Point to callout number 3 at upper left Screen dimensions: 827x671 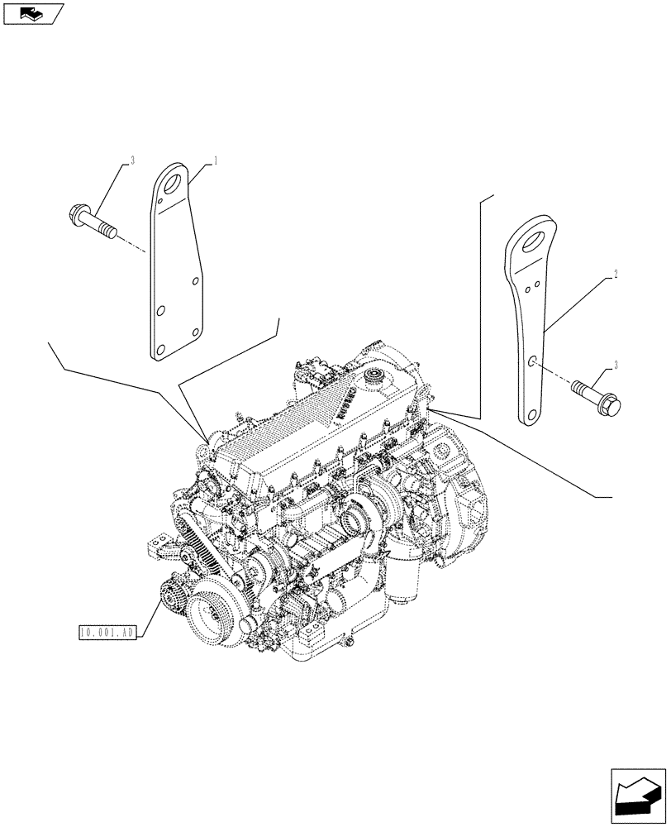[131, 161]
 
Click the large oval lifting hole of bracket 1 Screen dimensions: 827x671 [172, 182]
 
